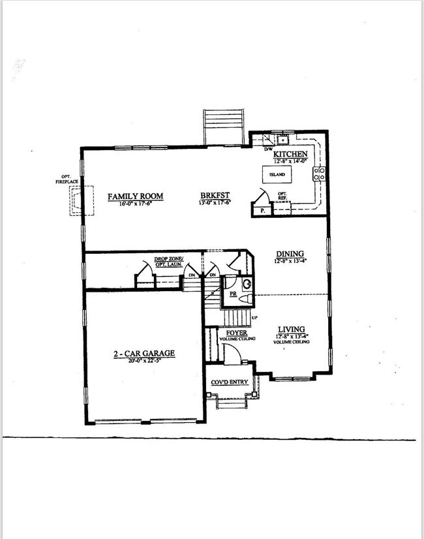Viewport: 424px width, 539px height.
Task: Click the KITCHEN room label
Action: point(290,153)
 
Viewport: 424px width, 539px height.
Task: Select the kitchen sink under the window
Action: point(283,140)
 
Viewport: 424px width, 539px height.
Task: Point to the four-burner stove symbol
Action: point(320,174)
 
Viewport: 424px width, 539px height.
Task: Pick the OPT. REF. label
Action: point(282,195)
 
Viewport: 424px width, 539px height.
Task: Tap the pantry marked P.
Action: point(262,211)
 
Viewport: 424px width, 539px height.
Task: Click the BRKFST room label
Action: point(215,195)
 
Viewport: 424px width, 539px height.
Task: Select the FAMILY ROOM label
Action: point(135,196)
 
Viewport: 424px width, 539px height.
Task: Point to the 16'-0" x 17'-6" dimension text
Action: point(135,204)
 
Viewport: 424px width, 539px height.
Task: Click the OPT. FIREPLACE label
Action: point(66,179)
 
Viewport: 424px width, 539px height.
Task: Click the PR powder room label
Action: point(232,294)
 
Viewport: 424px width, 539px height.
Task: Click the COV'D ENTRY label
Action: point(230,382)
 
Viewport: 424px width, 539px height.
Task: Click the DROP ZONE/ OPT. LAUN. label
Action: point(170,262)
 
